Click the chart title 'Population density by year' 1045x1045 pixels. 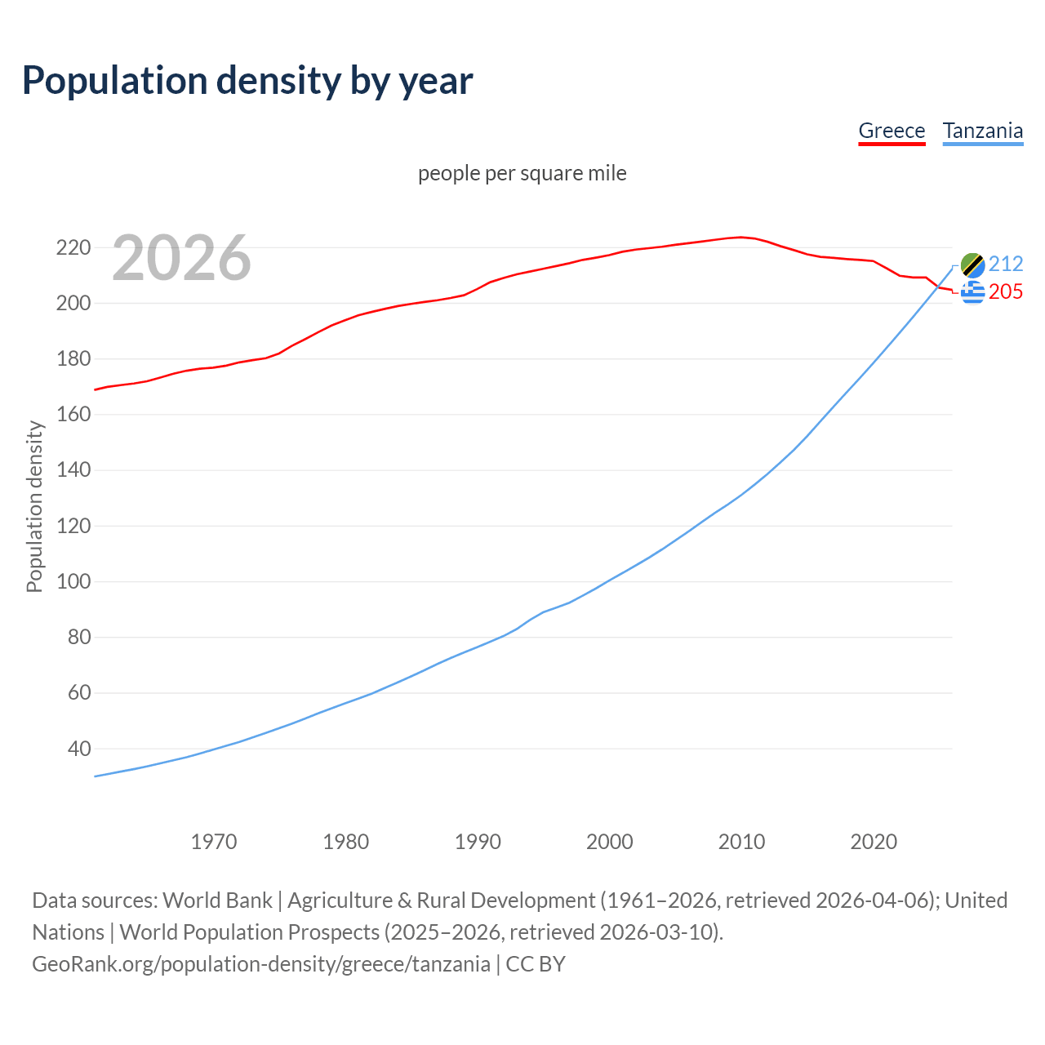(247, 81)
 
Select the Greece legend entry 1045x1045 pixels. (892, 131)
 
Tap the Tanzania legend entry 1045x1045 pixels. (982, 131)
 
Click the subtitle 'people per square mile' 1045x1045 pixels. (522, 174)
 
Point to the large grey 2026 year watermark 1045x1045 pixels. (181, 258)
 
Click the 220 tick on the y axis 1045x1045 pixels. (73, 247)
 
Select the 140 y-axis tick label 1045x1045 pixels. (73, 470)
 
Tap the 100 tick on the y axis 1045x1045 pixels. (73, 582)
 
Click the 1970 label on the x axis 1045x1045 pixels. (214, 842)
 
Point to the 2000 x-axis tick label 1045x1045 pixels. (610, 842)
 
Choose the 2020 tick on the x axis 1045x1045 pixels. (874, 842)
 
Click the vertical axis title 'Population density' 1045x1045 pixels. (34, 506)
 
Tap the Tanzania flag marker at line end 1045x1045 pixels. (972, 265)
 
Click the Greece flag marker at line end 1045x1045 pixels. (972, 292)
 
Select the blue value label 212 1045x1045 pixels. (1006, 264)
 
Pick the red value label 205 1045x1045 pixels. (1006, 292)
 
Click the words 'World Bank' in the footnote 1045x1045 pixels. (217, 900)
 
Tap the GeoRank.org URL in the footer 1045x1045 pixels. (261, 964)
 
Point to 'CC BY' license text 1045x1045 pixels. (536, 964)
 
